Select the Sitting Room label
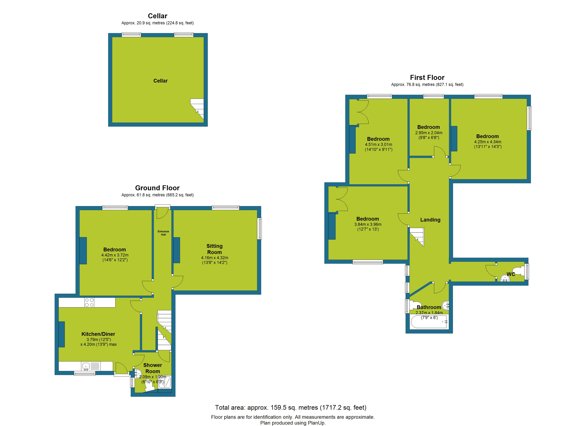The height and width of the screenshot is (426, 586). point(215,249)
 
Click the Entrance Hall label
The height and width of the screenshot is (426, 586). point(163,233)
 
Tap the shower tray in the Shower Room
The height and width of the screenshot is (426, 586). point(165,382)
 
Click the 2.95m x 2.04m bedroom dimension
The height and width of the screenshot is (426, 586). point(429,133)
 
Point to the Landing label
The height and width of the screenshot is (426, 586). point(430,220)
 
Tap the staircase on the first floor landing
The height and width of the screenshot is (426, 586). point(417,236)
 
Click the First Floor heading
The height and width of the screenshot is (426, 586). point(427,78)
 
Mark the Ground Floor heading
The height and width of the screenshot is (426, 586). point(157,188)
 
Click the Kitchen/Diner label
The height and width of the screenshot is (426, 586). point(98,334)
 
